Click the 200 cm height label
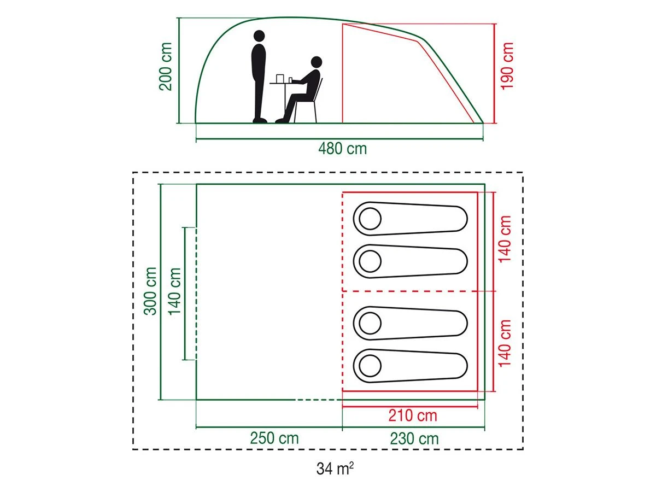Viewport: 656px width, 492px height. coord(166,66)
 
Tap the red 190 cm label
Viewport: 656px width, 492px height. coord(507,66)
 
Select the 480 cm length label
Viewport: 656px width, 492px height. coord(343,149)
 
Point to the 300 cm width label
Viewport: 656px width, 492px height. coord(150,291)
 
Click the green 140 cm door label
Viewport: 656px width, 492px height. coord(174,291)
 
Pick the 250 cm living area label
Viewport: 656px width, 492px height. coord(274,438)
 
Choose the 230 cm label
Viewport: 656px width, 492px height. coord(414,439)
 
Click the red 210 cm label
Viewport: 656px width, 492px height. coord(413,415)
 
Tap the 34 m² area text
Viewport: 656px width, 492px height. coord(335,468)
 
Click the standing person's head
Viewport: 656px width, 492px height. coord(259,36)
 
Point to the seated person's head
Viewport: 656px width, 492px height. coord(317,62)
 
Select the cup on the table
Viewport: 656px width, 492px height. coord(279,79)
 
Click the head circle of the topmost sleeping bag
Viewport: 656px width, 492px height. coord(370,219)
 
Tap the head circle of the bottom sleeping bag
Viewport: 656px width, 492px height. coord(370,366)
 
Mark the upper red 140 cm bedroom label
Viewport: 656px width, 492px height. coord(505,239)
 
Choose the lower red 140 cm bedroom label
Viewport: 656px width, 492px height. coord(505,343)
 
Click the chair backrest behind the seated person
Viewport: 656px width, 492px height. coord(319,89)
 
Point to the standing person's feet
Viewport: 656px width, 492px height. coord(260,120)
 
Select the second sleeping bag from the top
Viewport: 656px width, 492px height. coord(410,261)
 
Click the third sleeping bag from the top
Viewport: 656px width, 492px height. coord(410,323)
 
